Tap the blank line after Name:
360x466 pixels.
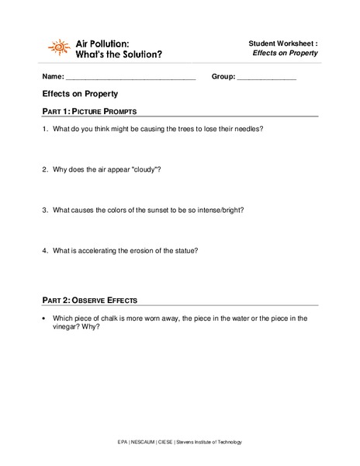click(130, 78)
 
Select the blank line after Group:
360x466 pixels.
click(266, 78)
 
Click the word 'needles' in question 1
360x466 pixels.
click(246, 129)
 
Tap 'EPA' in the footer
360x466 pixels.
click(123, 442)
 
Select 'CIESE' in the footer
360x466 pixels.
click(175, 442)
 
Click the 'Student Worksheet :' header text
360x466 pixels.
click(283, 43)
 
